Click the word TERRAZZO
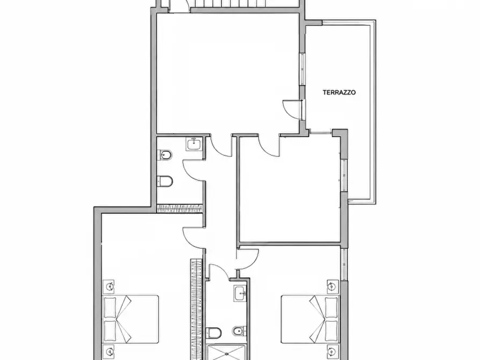(x=339, y=92)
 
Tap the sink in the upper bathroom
(x=194, y=144)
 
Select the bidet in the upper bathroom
(x=164, y=155)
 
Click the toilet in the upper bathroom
(x=164, y=181)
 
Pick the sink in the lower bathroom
(x=240, y=293)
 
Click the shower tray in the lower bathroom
(x=226, y=352)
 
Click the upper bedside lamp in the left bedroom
(x=109, y=286)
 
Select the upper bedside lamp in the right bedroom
(x=331, y=286)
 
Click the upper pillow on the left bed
(x=110, y=307)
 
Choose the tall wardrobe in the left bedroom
(x=197, y=309)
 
